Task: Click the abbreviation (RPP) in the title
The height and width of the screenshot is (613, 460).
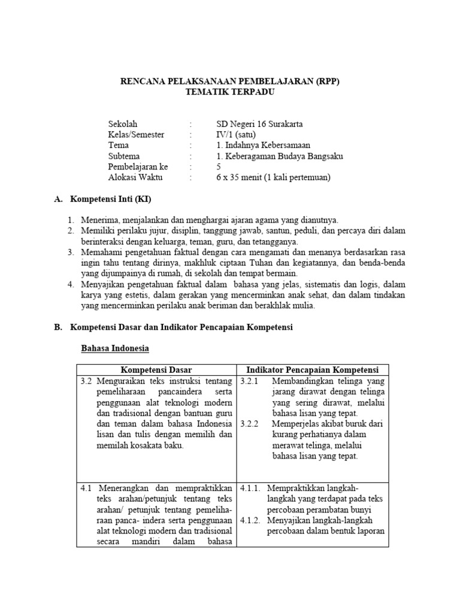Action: [325, 82]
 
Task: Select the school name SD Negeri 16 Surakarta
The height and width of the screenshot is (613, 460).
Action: [259, 124]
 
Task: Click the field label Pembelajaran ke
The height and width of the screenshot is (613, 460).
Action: [138, 167]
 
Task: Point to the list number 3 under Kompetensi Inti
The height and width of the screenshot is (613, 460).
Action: [70, 253]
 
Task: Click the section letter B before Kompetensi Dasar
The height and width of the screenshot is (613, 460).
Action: [58, 327]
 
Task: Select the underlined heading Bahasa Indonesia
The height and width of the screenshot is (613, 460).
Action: [114, 348]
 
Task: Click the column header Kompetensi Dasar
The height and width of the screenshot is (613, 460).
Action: [157, 370]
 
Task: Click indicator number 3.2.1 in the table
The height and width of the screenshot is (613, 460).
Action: [249, 381]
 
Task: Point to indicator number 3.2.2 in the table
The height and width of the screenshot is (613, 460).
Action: [249, 424]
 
